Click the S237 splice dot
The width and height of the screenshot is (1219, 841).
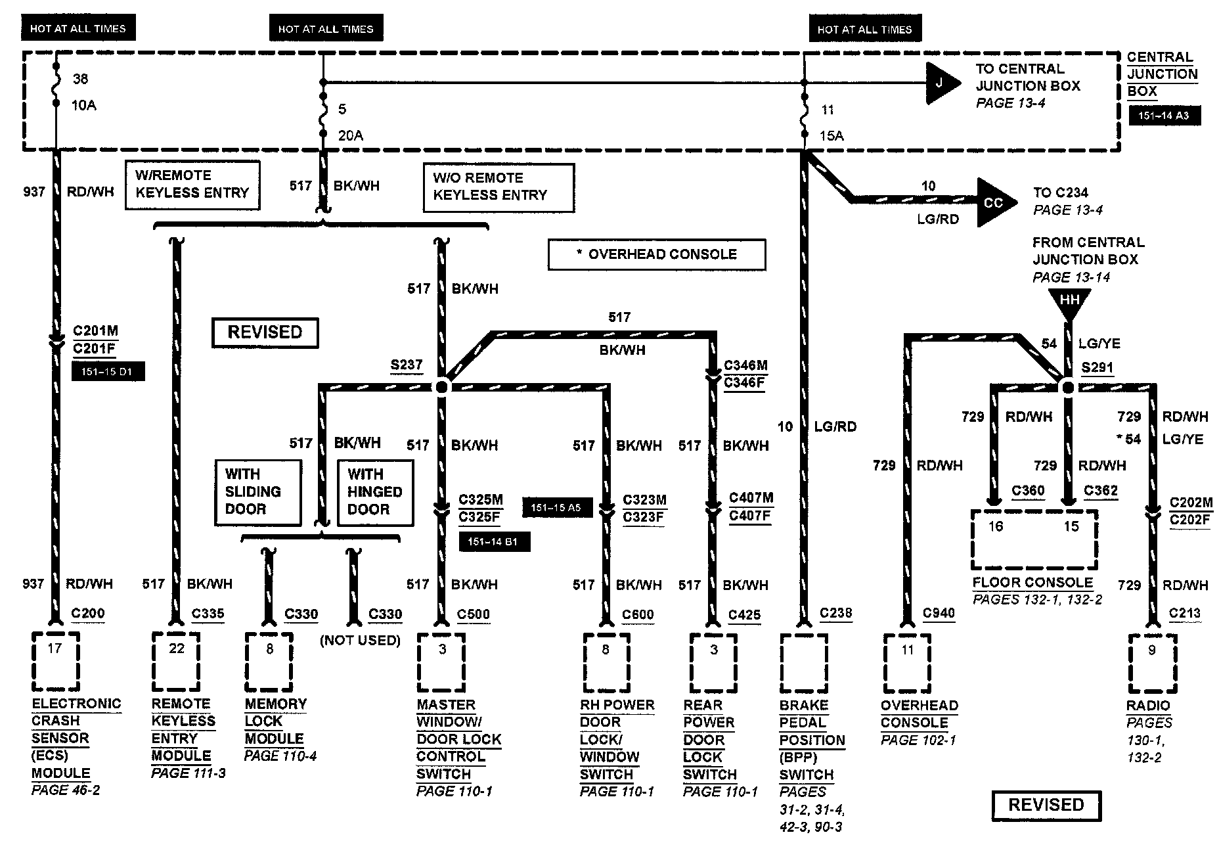[441, 386]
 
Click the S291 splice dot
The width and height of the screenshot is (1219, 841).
[1068, 388]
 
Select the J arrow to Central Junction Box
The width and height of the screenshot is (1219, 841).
[943, 83]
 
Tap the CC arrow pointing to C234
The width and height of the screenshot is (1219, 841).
[994, 202]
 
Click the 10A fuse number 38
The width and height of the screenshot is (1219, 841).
[56, 91]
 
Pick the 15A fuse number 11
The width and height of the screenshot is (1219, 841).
[805, 122]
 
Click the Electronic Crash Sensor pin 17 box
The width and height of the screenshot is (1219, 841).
[55, 662]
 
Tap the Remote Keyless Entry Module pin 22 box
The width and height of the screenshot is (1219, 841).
[176, 662]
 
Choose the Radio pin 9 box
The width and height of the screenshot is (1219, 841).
[1152, 663]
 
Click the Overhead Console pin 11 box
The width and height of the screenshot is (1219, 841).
[907, 663]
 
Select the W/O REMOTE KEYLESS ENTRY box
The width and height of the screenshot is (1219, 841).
[499, 187]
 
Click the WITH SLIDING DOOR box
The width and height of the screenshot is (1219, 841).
[258, 492]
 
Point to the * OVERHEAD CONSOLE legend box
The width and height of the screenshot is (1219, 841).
[657, 254]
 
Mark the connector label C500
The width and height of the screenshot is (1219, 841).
[474, 615]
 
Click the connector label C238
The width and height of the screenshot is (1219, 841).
[836, 614]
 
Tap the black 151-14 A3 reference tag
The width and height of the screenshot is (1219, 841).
[1164, 116]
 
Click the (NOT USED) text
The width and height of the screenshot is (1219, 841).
[360, 640]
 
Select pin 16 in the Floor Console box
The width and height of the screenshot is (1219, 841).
[996, 526]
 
